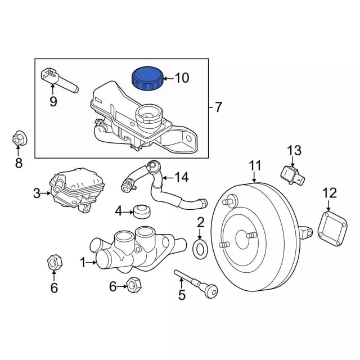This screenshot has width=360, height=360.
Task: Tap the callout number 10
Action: [182, 78]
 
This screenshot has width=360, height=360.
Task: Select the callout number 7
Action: [219, 106]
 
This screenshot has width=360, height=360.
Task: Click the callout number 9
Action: [53, 101]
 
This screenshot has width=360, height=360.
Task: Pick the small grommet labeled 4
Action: [141, 211]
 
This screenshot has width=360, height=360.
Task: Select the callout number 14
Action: [181, 177]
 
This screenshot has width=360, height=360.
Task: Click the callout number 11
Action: [255, 165]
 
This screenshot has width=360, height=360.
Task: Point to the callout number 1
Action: [83, 262]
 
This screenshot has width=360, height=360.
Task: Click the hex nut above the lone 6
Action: [53, 262]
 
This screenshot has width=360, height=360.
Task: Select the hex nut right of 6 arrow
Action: [133, 285]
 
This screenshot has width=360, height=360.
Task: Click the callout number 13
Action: [295, 150]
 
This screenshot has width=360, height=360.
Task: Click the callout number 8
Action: [19, 163]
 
